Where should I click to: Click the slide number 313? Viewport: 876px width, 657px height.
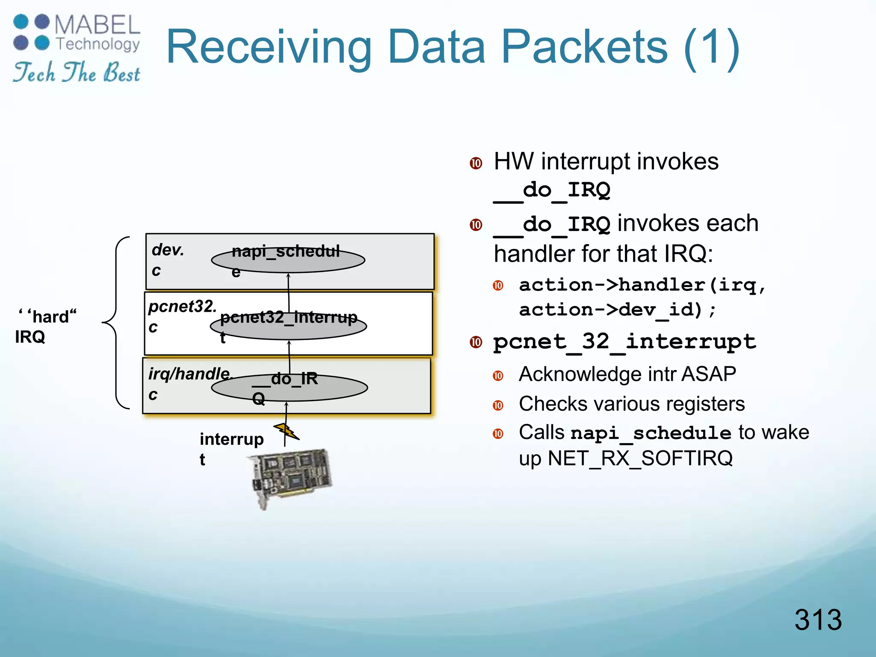pyautogui.click(x=818, y=619)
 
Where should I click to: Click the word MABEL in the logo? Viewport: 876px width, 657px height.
pyautogui.click(x=98, y=25)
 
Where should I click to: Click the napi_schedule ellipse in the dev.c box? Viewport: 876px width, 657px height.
pyautogui.click(x=288, y=260)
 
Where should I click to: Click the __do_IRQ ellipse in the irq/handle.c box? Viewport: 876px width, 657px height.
pyautogui.click(x=289, y=388)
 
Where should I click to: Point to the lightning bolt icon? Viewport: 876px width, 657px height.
pyautogui.click(x=286, y=431)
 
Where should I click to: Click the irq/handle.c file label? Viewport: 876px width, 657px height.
pyautogui.click(x=188, y=383)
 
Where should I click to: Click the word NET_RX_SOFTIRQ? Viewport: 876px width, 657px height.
pyautogui.click(x=640, y=458)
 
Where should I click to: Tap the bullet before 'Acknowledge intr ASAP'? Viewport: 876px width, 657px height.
pyautogui.click(x=498, y=376)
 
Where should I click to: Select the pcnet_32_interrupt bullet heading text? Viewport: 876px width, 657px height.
pyautogui.click(x=624, y=342)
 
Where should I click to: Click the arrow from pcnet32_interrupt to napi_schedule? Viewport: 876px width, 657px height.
pyautogui.click(x=289, y=293)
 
